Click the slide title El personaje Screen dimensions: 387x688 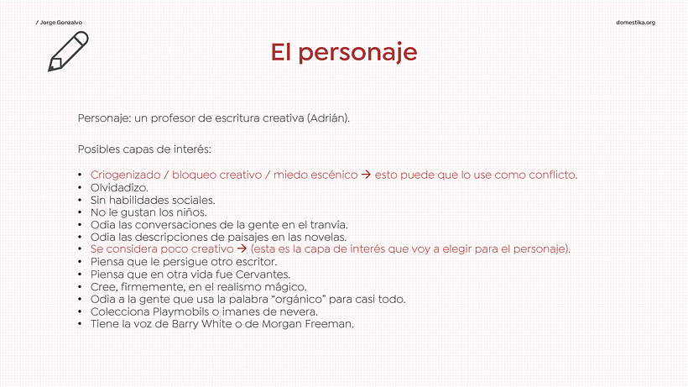[x=344, y=52]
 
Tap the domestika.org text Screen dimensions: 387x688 [x=636, y=22]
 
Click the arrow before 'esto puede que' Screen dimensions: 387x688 [x=365, y=175]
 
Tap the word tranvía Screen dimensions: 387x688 [x=328, y=224]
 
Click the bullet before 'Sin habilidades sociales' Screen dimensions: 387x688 [x=80, y=200]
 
